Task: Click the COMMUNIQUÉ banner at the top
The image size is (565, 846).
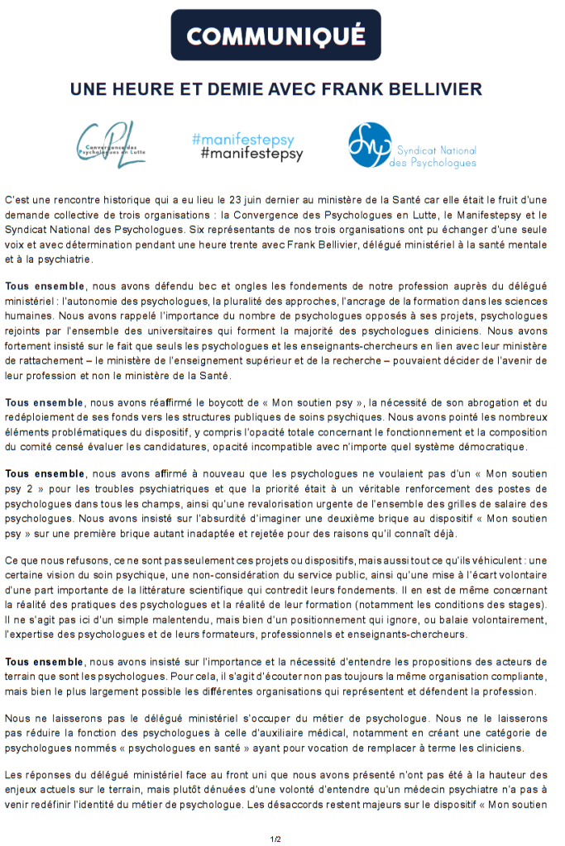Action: (275, 36)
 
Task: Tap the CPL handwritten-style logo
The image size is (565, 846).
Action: (110, 146)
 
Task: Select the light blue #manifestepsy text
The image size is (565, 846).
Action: (242, 140)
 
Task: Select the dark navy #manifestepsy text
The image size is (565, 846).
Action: (251, 154)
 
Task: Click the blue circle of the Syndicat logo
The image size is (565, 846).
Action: (369, 145)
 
